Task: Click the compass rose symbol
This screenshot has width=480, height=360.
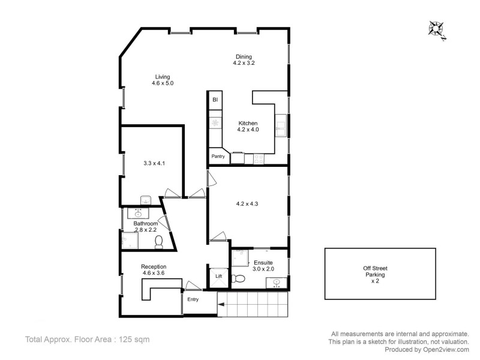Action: [x=436, y=29]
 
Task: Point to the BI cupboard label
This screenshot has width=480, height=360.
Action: [x=215, y=100]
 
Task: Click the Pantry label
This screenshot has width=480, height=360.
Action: [x=218, y=157]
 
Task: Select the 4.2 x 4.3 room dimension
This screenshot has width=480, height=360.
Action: [x=248, y=203]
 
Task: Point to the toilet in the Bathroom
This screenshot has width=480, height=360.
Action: [x=159, y=241]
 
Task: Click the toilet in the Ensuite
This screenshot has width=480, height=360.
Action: [x=239, y=278]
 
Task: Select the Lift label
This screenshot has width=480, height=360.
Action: [x=219, y=276]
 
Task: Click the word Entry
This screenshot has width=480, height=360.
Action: [x=193, y=299]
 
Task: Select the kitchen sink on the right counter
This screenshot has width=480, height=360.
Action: [x=281, y=125]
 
